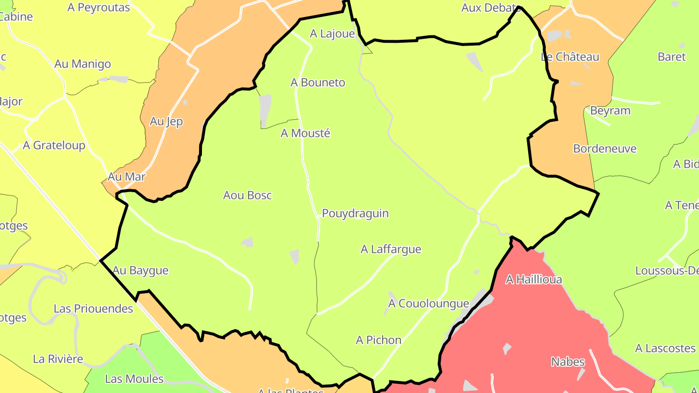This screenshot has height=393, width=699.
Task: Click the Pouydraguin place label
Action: pyautogui.click(x=355, y=213)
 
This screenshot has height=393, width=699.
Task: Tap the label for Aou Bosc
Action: pyautogui.click(x=248, y=196)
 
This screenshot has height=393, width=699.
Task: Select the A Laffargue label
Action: pyautogui.click(x=391, y=249)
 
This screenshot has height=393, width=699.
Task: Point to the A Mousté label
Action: pyautogui.click(x=305, y=133)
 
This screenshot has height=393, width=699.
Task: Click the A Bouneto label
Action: pyautogui.click(x=318, y=82)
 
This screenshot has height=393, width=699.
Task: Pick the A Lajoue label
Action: pyautogui.click(x=333, y=33)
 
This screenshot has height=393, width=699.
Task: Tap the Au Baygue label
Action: pyautogui.click(x=140, y=270)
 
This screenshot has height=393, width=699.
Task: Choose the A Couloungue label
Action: pyautogui.click(x=429, y=304)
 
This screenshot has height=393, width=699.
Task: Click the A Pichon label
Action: pyautogui.click(x=379, y=340)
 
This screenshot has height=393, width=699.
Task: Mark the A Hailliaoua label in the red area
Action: pyautogui.click(x=534, y=279)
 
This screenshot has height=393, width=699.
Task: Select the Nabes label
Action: pyautogui.click(x=568, y=362)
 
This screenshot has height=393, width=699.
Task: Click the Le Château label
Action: pyautogui.click(x=570, y=57)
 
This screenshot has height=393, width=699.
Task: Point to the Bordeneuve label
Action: pyautogui.click(x=605, y=148)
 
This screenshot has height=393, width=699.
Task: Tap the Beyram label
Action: pyautogui.click(x=610, y=111)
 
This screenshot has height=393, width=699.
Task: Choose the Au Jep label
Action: pyautogui.click(x=166, y=121)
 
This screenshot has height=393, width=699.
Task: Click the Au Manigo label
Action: pyautogui.click(x=83, y=64)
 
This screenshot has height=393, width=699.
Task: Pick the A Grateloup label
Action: pyautogui.click(x=54, y=146)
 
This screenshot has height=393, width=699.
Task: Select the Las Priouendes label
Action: pyautogui.click(x=93, y=309)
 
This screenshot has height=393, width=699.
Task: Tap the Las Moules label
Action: pyautogui.click(x=134, y=379)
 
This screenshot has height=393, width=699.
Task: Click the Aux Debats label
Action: pyautogui.click(x=491, y=8)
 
